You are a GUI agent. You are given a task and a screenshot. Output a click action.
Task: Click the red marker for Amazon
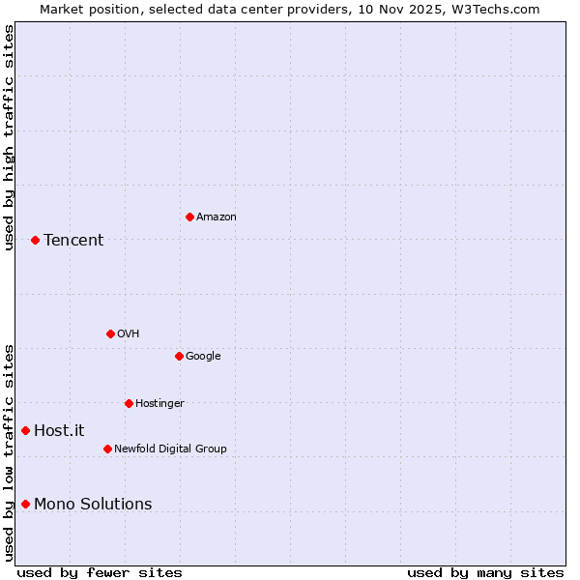(189, 217)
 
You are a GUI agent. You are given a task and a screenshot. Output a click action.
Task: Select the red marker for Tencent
(35, 240)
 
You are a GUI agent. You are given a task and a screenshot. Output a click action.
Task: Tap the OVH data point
(110, 333)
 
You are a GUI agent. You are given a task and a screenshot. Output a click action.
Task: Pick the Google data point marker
(179, 356)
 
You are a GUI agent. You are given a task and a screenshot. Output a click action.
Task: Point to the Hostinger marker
(129, 403)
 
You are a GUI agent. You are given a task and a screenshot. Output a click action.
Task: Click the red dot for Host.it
(26, 430)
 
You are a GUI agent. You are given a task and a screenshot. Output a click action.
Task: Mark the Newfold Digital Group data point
(107, 449)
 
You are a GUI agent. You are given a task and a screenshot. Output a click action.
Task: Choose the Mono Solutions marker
(26, 504)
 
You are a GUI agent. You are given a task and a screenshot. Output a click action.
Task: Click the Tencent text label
(73, 241)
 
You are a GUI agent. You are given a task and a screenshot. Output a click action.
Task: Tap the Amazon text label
(217, 217)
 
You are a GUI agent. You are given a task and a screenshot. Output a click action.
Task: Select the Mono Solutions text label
(93, 504)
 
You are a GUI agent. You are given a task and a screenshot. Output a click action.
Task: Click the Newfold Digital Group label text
(170, 449)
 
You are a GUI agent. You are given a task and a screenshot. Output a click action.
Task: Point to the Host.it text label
(59, 431)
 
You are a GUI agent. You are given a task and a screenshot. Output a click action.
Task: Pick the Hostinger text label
(159, 403)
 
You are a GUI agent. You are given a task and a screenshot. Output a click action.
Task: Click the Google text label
(203, 356)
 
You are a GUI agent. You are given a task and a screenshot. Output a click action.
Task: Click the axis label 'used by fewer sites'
(100, 572)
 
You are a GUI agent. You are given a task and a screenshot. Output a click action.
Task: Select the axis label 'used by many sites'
(485, 572)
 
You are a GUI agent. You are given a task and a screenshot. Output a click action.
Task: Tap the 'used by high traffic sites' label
(10, 137)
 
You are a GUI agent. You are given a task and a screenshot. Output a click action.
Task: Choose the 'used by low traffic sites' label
(10, 452)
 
